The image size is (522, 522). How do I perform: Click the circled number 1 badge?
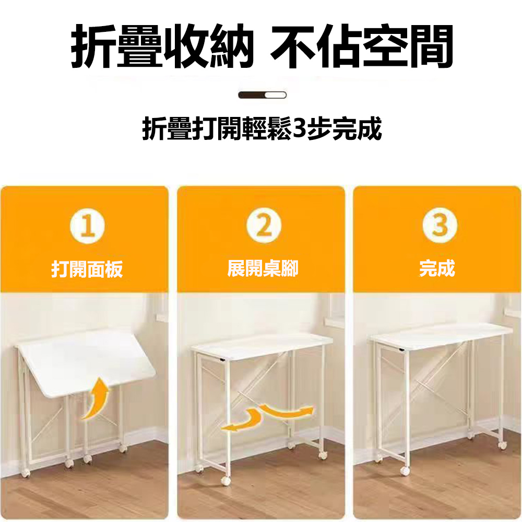tap(87, 226)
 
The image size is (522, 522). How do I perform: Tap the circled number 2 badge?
tap(264, 226)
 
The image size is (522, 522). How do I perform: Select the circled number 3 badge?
tap(440, 226)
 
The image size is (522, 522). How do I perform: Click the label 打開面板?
tap(87, 269)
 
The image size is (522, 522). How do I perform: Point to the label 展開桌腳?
tap(263, 268)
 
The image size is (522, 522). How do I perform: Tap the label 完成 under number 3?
tap(437, 268)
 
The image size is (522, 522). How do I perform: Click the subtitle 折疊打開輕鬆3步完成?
tap(262, 129)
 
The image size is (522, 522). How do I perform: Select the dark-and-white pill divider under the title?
tap(263, 95)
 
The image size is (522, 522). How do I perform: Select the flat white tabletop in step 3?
tap(442, 336)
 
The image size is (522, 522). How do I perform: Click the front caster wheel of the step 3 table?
tap(405, 471)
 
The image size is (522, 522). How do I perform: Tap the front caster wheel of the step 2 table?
tap(226, 480)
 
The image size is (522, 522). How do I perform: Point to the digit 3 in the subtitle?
tap(299, 129)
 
